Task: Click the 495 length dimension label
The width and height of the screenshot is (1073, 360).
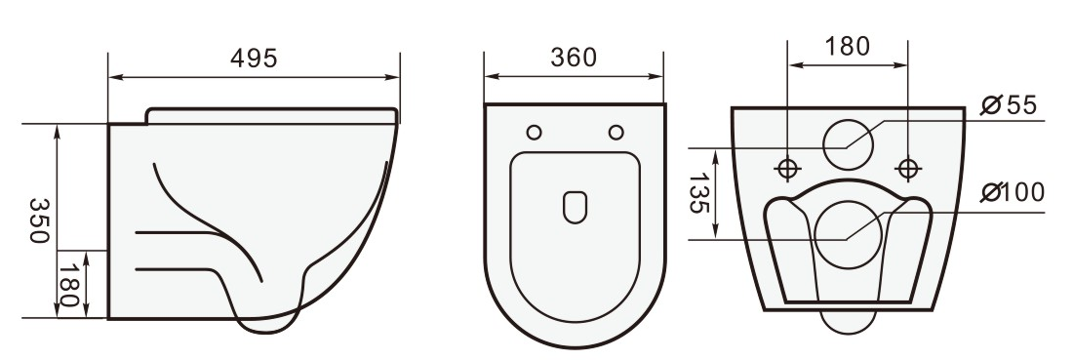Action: tap(254, 59)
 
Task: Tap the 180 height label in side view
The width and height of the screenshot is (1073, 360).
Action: tap(69, 286)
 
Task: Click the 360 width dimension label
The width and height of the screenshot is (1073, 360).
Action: tap(574, 58)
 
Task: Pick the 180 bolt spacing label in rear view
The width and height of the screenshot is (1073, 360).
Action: tap(847, 47)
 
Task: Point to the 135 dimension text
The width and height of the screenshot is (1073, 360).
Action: tap(698, 193)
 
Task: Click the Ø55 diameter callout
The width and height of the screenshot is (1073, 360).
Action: tap(1009, 105)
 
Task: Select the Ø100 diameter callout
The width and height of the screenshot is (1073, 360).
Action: tap(1013, 192)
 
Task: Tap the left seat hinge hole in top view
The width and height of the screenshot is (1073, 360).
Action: tap(534, 133)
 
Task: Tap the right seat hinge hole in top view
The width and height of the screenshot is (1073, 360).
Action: tap(616, 133)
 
